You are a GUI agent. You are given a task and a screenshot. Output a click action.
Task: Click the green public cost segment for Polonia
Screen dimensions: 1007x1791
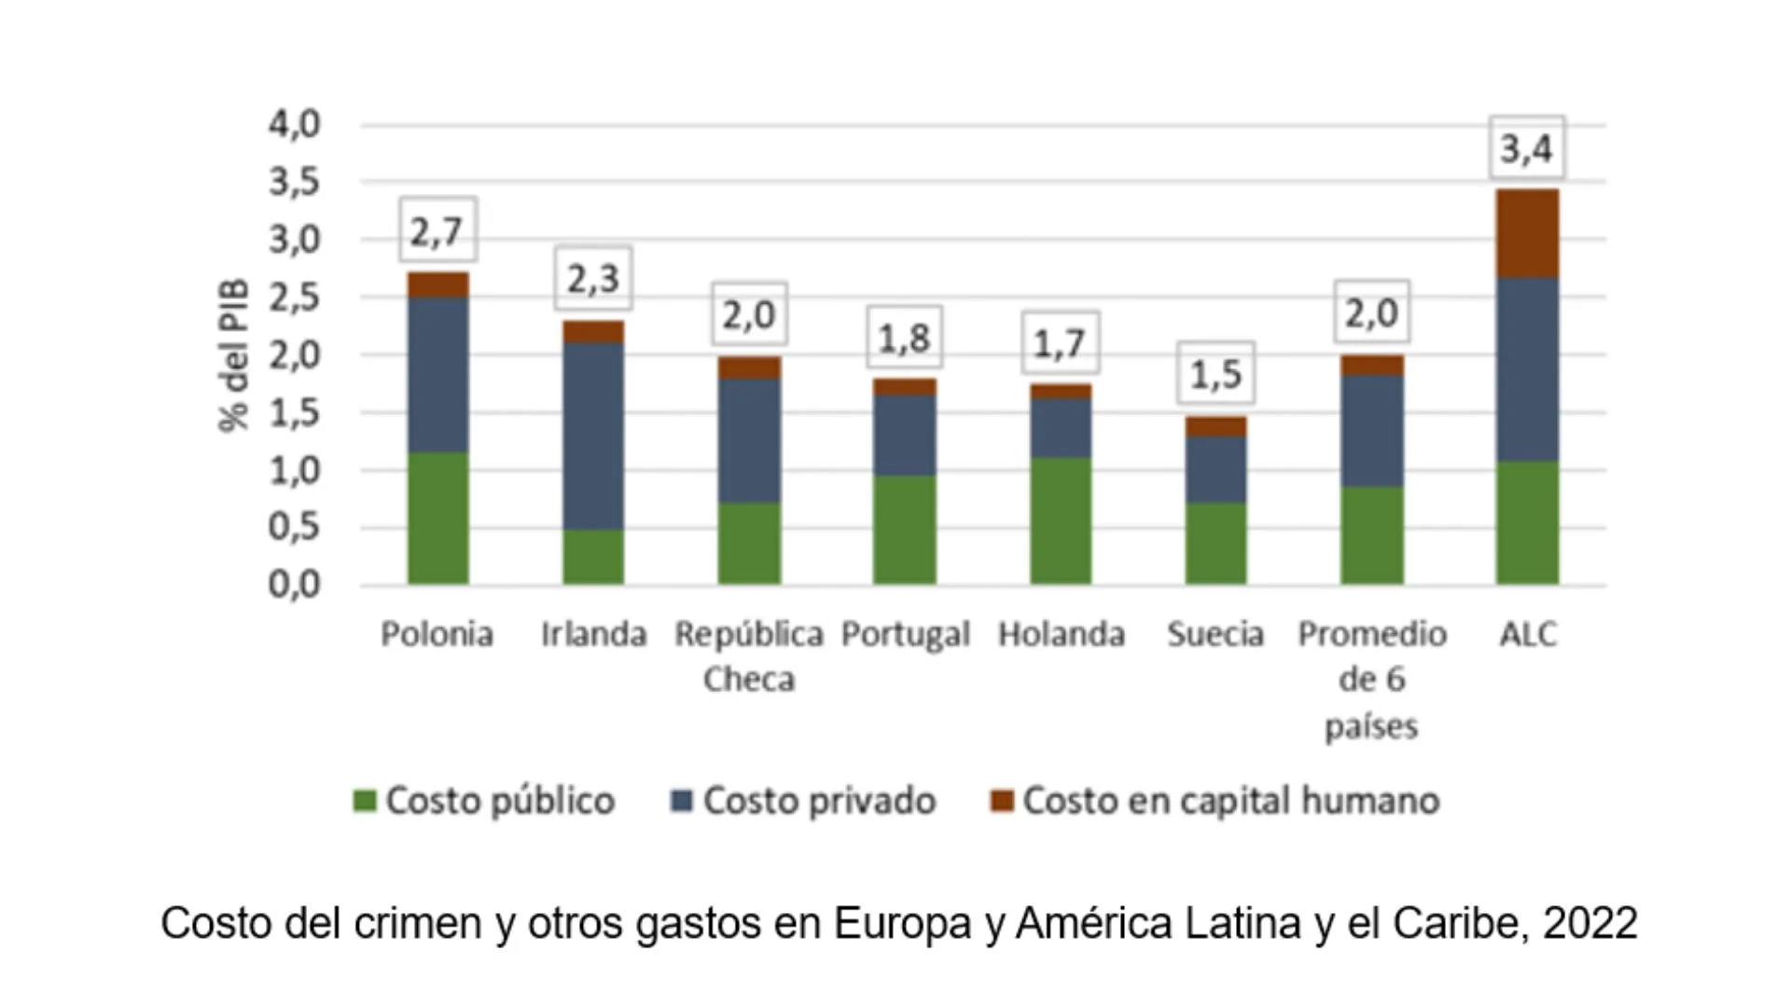point(437,518)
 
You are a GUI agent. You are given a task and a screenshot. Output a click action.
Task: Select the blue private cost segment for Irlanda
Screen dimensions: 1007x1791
point(593,436)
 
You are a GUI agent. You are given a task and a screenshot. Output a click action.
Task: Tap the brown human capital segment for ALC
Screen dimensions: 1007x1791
point(1527,233)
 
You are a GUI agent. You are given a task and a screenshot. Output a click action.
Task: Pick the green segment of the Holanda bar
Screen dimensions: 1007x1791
point(1061,520)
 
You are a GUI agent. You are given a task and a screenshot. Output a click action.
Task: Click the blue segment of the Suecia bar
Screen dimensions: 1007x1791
point(1215,470)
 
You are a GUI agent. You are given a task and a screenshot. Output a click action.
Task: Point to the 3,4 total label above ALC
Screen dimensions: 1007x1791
point(1526,148)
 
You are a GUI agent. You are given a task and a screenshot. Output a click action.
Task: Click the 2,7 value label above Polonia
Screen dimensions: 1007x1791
point(437,230)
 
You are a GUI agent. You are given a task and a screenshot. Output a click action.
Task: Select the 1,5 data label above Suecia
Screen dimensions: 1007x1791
point(1215,374)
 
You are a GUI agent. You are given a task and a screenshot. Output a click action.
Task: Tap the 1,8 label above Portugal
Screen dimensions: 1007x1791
point(904,338)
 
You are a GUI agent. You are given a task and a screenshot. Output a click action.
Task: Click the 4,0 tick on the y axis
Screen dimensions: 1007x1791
point(295,124)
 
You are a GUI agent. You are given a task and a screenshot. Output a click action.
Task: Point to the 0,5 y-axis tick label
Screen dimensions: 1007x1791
point(295,528)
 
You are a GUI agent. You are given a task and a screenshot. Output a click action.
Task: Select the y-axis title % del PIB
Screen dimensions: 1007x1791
point(234,354)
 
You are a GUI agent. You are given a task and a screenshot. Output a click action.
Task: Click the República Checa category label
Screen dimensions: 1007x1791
point(749,655)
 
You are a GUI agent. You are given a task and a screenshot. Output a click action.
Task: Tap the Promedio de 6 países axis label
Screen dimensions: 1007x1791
point(1371,679)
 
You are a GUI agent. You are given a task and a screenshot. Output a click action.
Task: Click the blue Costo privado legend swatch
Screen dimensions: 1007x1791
point(682,801)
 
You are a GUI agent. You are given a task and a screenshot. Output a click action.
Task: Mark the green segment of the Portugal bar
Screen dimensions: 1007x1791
point(904,530)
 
